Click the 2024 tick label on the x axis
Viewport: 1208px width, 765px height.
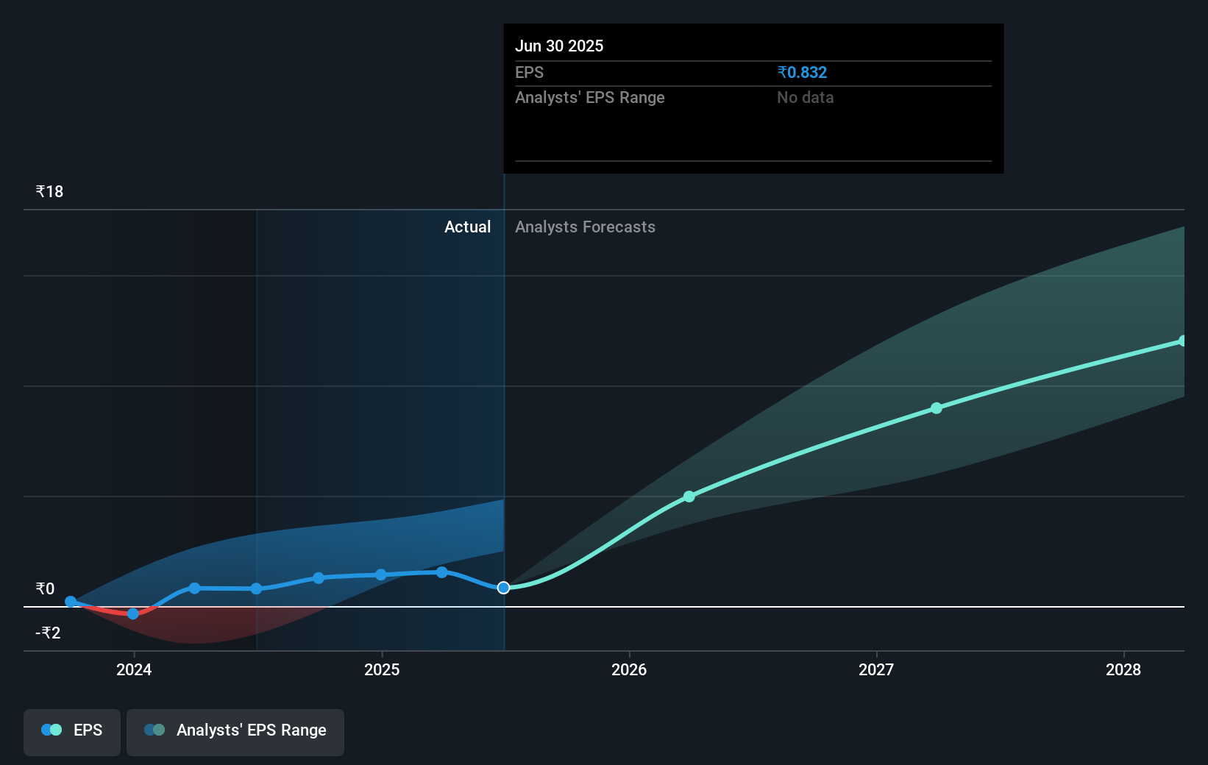[x=134, y=669]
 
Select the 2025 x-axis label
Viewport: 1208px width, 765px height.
[x=382, y=669]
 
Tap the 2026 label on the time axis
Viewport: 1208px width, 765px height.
[x=629, y=669]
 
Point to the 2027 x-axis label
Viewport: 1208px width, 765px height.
[x=876, y=669]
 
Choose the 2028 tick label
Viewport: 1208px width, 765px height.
[x=1123, y=669]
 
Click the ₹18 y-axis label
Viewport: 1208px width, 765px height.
[x=49, y=192]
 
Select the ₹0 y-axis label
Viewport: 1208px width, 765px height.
[x=45, y=588]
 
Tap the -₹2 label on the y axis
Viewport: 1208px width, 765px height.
[x=48, y=633]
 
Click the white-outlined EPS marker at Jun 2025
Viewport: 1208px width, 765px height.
[x=503, y=588]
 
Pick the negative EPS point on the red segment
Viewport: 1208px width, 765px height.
[x=133, y=613]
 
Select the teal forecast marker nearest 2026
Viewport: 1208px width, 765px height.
[x=689, y=497]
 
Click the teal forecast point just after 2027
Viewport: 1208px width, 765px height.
[x=937, y=408]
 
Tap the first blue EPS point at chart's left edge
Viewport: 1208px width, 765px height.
[x=71, y=602]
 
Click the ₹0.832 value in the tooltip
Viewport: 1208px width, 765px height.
[x=802, y=72]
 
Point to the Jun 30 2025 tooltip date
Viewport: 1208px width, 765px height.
[x=559, y=46]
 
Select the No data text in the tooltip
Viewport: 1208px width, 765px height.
[x=805, y=97]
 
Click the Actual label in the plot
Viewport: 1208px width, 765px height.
[x=467, y=227]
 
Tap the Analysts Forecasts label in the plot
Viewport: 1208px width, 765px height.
[x=585, y=227]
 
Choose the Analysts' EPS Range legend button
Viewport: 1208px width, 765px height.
[x=235, y=731]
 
